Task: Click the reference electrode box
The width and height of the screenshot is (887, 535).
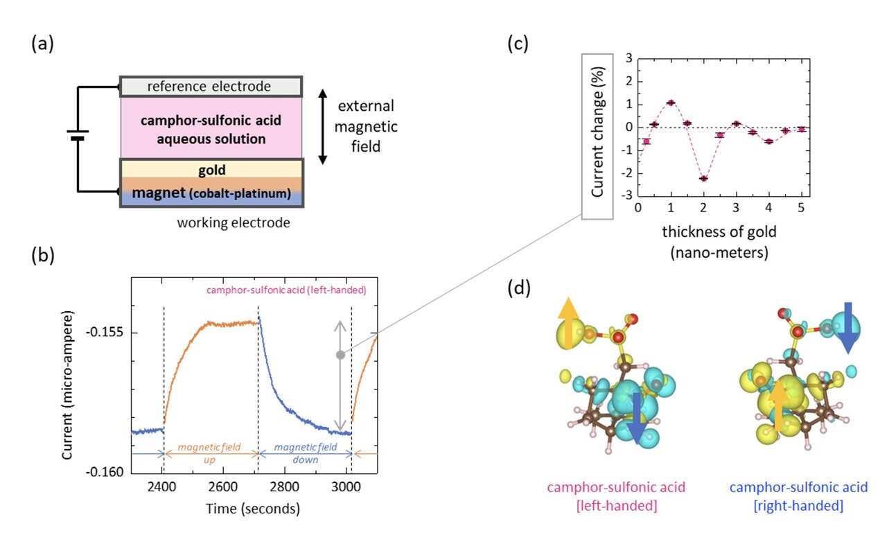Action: click(211, 87)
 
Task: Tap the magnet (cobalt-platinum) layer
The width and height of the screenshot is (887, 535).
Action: click(211, 193)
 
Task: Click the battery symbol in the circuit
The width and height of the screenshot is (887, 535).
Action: click(78, 137)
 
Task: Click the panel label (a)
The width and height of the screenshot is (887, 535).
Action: click(42, 46)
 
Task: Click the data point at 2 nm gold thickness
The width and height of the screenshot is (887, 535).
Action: click(703, 178)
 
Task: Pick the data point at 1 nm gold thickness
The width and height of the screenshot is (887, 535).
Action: click(671, 103)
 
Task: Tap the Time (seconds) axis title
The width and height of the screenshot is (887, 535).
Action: click(252, 509)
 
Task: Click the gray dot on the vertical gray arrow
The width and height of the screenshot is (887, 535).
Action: click(340, 355)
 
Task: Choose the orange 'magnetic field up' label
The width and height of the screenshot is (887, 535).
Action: click(211, 453)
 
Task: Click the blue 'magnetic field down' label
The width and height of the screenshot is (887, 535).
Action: click(305, 453)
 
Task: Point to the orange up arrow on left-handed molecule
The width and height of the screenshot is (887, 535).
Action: click(568, 322)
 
